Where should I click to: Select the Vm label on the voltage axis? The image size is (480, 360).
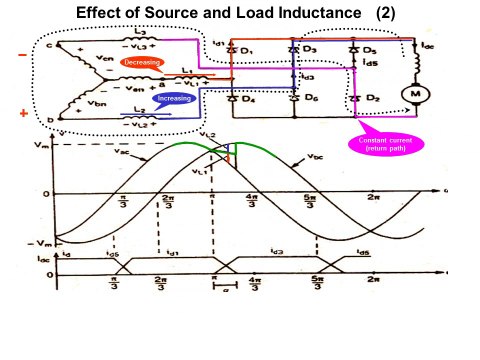[37, 146]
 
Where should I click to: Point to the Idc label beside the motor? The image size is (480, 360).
[427, 46]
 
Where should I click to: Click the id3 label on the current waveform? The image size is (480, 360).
[275, 253]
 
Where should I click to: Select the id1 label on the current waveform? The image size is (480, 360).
[172, 253]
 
